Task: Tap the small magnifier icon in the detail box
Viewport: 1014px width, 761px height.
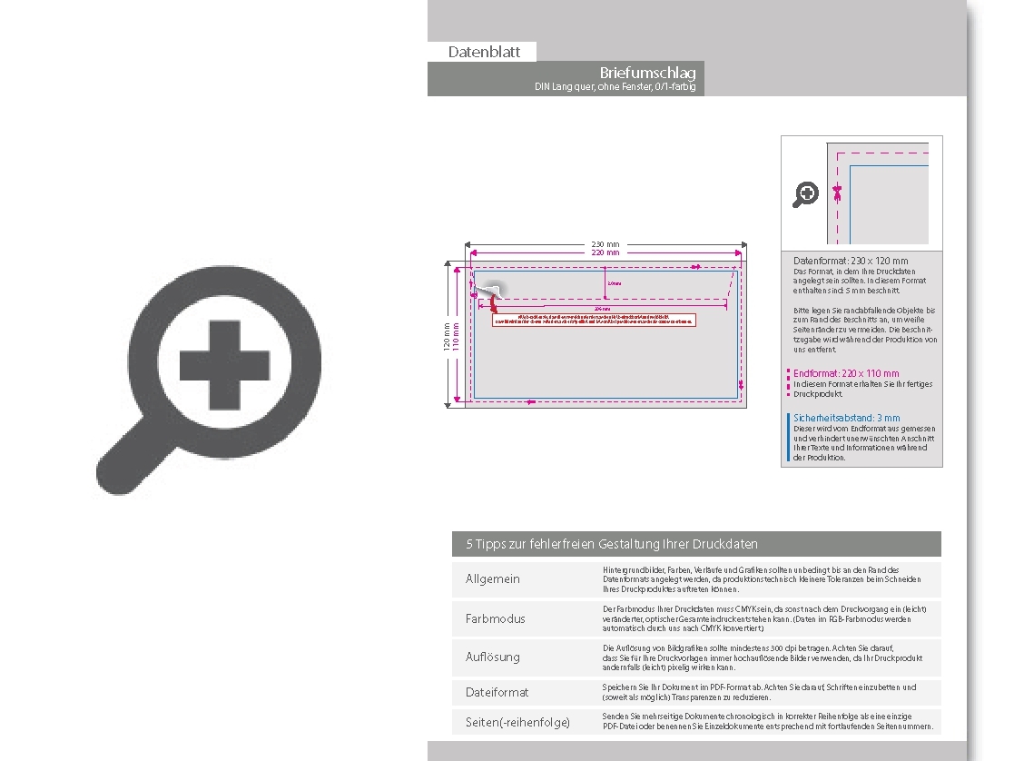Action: [x=806, y=193]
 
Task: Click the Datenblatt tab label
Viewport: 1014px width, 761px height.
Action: [x=484, y=52]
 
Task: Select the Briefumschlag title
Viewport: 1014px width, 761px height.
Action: [x=646, y=73]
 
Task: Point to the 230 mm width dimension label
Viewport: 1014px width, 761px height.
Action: [x=605, y=244]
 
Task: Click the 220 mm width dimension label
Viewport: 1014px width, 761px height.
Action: [x=605, y=253]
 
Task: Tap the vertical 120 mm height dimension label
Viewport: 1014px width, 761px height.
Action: [x=446, y=336]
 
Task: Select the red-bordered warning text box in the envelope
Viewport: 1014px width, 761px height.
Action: [x=594, y=319]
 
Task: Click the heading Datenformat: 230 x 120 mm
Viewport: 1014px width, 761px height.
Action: [x=850, y=261]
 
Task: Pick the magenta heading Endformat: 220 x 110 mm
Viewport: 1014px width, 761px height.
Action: [x=846, y=373]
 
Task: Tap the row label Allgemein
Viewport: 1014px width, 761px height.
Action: [x=493, y=579]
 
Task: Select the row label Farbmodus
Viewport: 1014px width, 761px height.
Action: [x=495, y=618]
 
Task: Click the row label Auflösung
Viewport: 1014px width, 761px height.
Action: [x=493, y=657]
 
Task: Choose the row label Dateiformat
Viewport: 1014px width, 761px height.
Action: [x=497, y=692]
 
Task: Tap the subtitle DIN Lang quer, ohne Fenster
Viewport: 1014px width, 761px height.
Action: [x=615, y=87]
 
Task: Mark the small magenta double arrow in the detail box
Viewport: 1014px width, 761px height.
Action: [x=838, y=193]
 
